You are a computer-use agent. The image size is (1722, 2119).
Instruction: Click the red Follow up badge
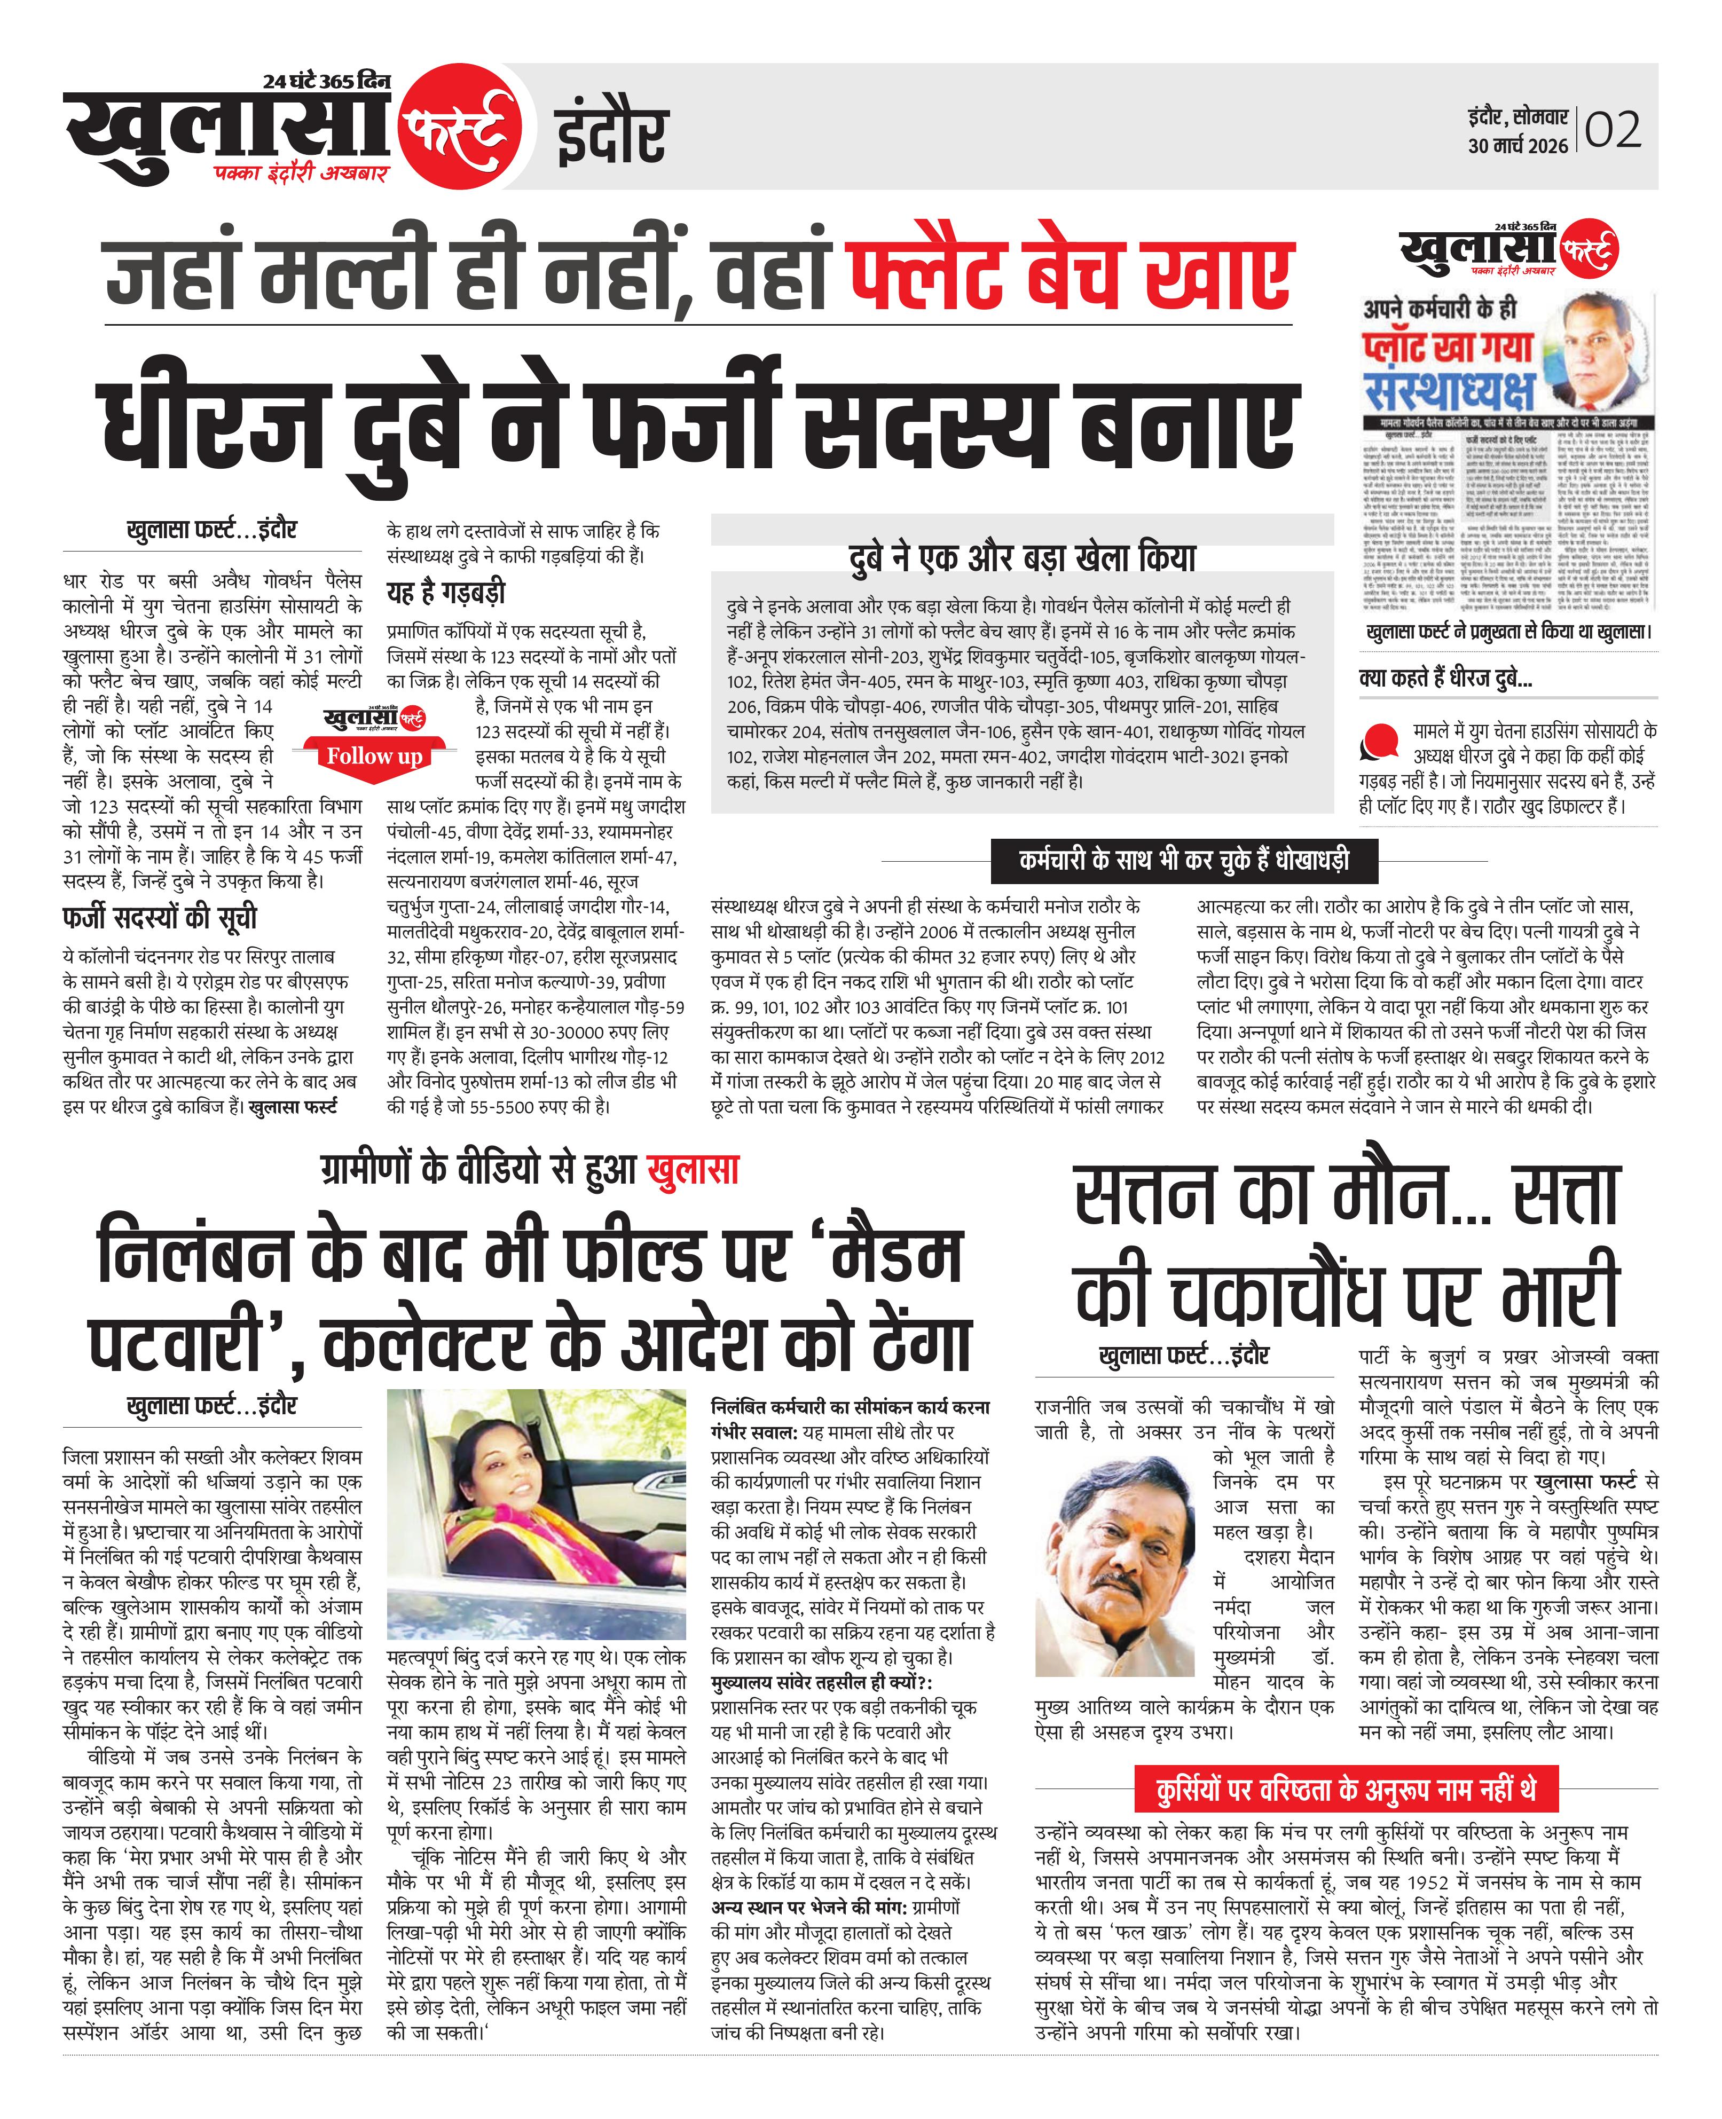point(374,757)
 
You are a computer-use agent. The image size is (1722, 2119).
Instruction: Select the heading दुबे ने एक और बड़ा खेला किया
point(1021,558)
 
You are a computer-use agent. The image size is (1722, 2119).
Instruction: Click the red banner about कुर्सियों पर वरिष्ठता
point(1346,1790)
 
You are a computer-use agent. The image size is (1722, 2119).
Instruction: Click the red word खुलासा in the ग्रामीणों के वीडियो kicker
point(693,1171)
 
